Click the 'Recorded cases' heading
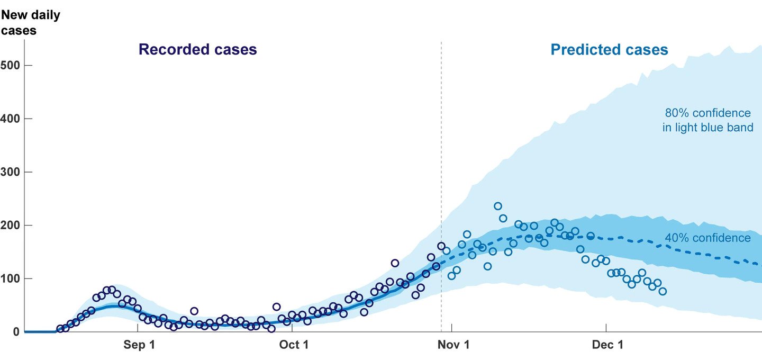tap(197, 50)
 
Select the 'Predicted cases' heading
tap(609, 50)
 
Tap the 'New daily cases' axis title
tap(31, 23)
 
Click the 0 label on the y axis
tap(16, 332)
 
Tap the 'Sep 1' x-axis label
tap(139, 345)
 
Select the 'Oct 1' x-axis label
tap(294, 345)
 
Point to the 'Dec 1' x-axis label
tap(607, 345)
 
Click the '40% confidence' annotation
tap(707, 238)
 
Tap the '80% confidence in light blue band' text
tap(707, 120)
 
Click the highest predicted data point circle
tap(498, 206)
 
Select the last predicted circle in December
tap(663, 291)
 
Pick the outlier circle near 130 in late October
tap(395, 263)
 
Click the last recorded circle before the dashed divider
tap(441, 246)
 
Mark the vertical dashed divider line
tap(441, 159)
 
